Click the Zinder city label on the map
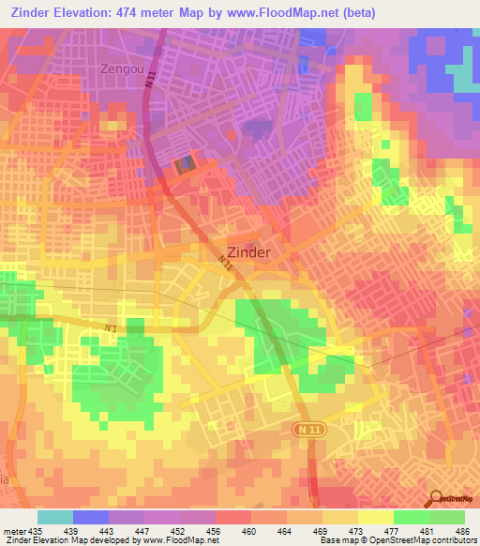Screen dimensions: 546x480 249,252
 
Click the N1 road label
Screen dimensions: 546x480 112,327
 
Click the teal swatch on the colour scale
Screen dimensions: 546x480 54,517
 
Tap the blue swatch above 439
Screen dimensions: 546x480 90,517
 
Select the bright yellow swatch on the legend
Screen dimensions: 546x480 375,517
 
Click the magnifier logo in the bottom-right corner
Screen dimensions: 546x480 435,499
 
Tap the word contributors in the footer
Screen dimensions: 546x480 453,540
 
